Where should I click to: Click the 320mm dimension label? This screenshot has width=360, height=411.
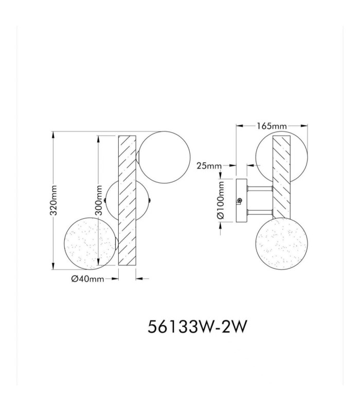tap(54, 200)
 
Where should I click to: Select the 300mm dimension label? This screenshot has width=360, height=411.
tap(99, 200)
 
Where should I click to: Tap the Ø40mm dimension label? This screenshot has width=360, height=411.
tap(87, 279)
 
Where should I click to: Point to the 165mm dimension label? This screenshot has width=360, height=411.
tap(272, 126)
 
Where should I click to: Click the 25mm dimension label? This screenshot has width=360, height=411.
tap(209, 165)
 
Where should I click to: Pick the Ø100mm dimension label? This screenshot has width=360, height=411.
tap(221, 200)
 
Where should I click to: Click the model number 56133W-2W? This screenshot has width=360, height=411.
tap(197, 327)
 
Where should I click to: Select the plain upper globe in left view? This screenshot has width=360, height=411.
tap(165, 158)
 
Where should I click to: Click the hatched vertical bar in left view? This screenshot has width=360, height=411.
tap(127, 200)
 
